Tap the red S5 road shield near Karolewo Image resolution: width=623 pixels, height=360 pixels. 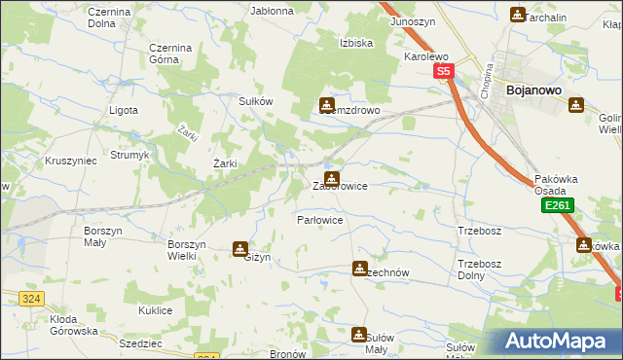click(444, 72)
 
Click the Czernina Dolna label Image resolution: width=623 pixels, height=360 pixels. click(116, 17)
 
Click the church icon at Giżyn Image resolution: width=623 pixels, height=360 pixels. click(239, 249)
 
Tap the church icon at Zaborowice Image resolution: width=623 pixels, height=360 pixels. click(332, 178)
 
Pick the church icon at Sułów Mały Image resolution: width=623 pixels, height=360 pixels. click(357, 334)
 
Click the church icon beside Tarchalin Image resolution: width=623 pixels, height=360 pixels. click(517, 14)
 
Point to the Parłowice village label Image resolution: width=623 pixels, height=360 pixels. click(319, 220)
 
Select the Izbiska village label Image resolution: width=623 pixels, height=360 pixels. click(356, 43)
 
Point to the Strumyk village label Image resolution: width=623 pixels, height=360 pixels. click(128, 155)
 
